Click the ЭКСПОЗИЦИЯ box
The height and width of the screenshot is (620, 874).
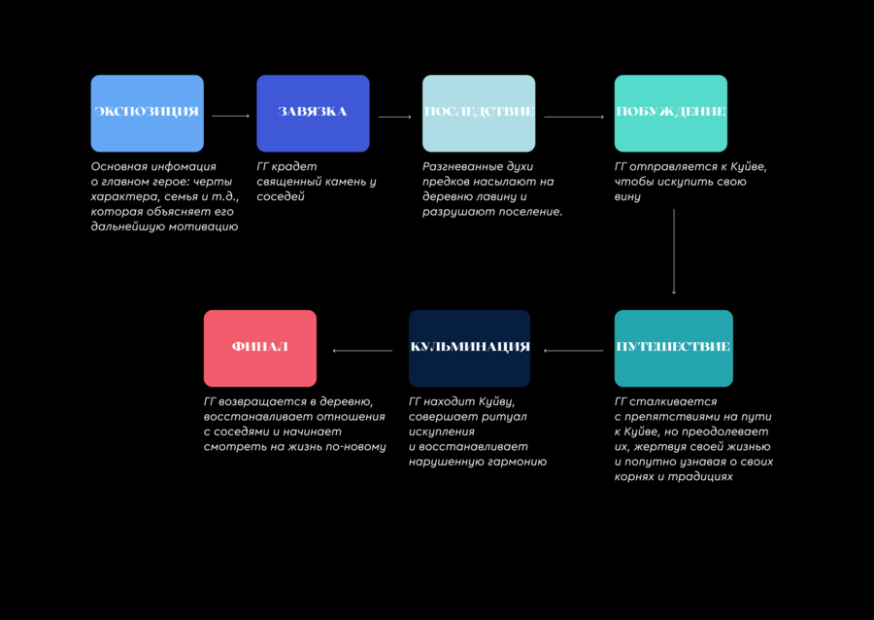coord(148,113)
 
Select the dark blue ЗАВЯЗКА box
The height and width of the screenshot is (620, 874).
coord(313,113)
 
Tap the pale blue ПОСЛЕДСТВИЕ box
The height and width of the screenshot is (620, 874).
coord(479,113)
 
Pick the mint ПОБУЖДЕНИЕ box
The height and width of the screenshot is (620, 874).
coord(670,113)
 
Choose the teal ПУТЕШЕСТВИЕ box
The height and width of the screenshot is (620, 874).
coord(673,349)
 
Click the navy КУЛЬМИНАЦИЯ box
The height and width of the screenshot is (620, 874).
coord(469,349)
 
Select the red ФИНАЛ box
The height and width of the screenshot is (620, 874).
coord(259,349)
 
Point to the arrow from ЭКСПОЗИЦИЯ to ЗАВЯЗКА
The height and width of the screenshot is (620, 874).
coord(231,116)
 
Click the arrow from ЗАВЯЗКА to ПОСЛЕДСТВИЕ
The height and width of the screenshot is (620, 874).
coord(394,117)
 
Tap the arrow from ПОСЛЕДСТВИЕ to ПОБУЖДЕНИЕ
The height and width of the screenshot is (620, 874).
coord(574,117)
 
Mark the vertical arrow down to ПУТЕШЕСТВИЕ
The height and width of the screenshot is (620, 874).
coord(674,252)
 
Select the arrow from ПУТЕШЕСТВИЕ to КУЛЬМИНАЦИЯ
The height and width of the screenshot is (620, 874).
coord(574,351)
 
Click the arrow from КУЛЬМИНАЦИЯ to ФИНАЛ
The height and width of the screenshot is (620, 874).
coord(362,351)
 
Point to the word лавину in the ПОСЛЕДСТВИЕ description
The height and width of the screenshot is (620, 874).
coord(497,197)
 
